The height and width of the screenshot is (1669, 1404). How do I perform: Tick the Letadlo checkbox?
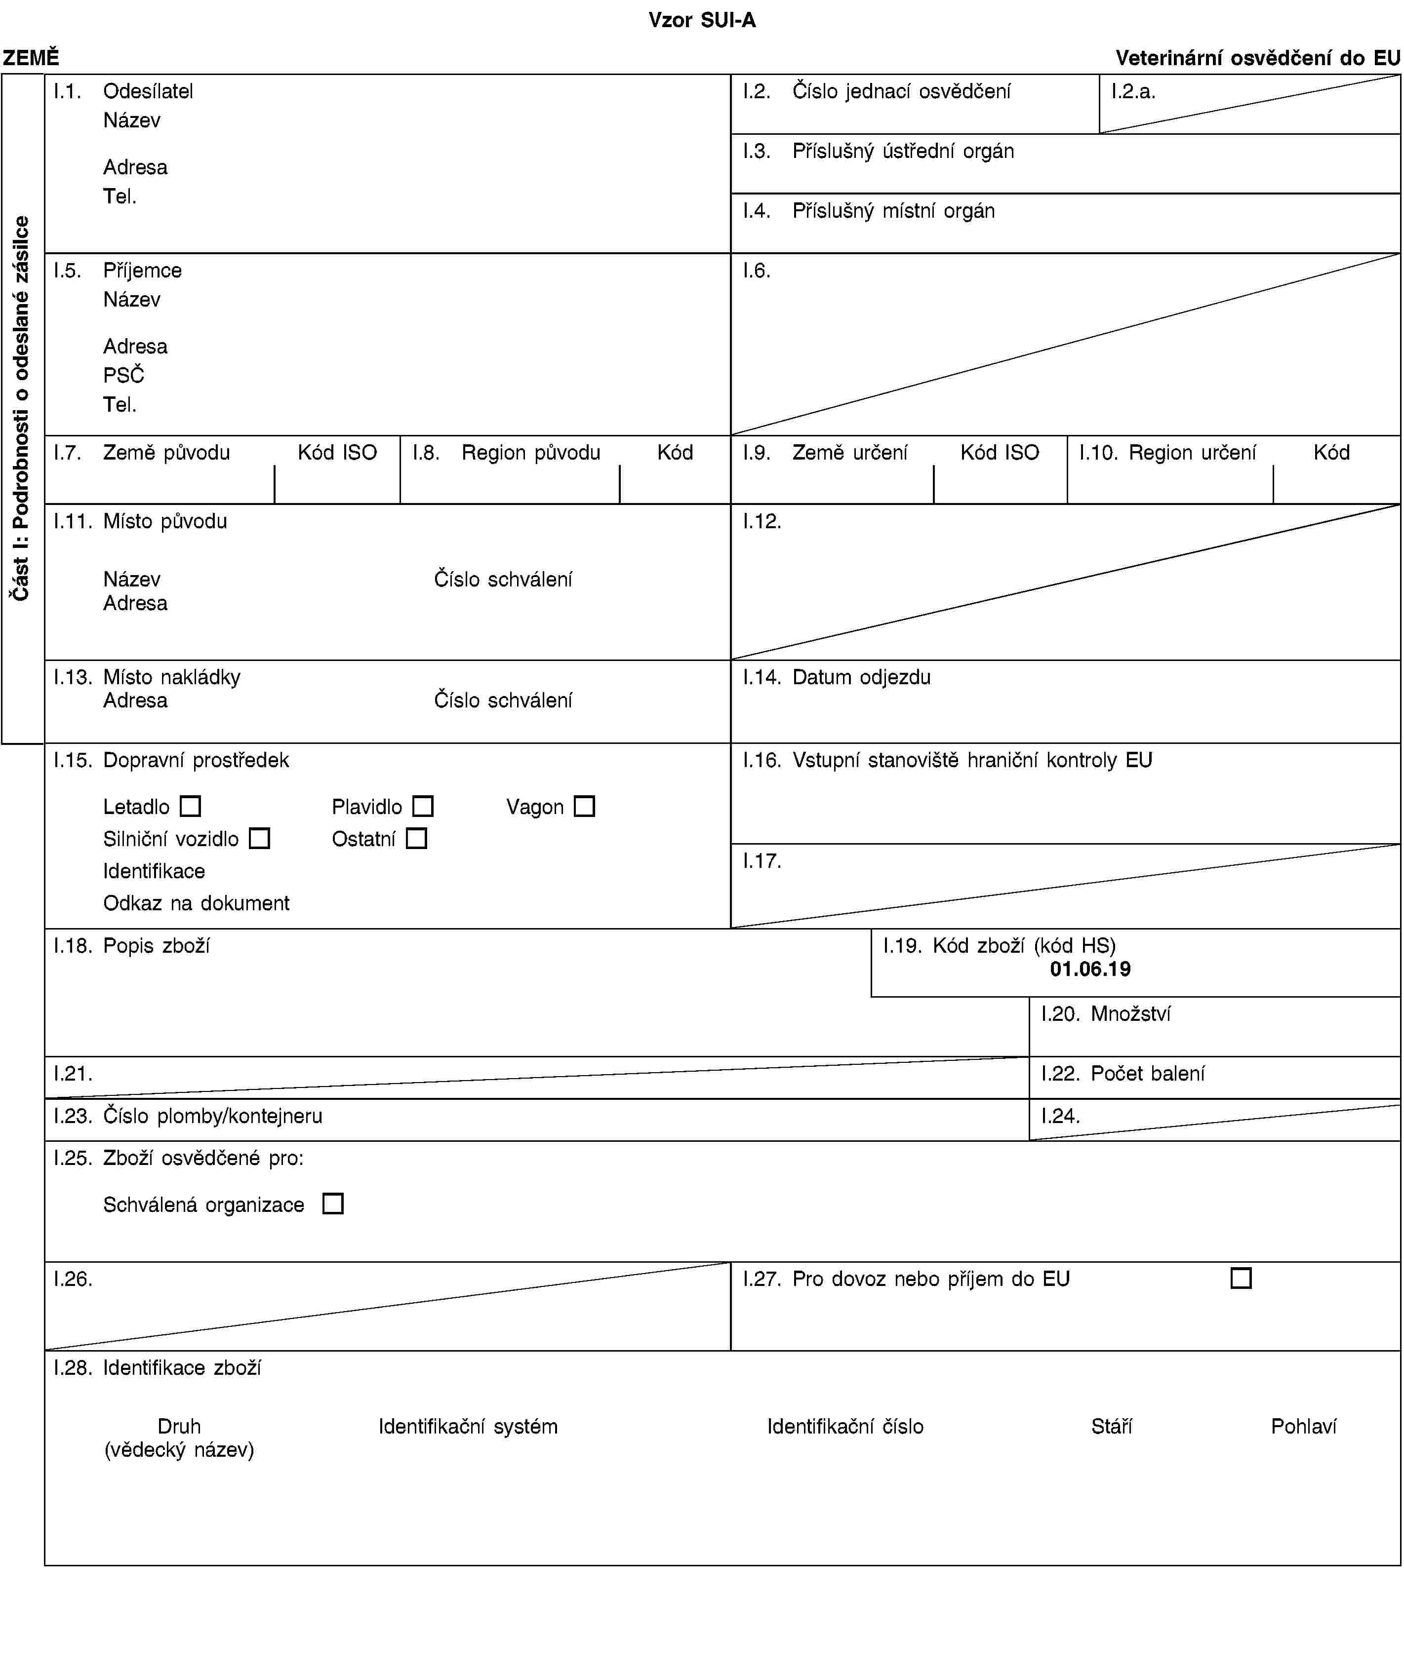pos(190,807)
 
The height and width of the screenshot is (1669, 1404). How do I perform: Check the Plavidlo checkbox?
pos(423,807)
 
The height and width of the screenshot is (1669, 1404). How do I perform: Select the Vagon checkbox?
pos(584,807)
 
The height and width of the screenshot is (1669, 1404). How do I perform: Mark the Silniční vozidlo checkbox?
pos(259,839)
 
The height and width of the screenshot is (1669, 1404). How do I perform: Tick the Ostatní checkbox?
pos(416,839)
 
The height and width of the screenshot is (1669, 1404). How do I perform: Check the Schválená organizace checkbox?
pos(333,1203)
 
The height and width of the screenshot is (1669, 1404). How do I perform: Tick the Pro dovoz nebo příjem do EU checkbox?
pos(1241,1279)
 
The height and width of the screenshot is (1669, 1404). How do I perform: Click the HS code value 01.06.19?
pos(1089,969)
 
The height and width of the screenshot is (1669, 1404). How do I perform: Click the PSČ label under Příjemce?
pos(123,376)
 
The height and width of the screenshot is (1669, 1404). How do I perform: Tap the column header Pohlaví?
pos(1303,1426)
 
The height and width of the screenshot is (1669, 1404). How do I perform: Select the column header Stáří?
pos(1111,1426)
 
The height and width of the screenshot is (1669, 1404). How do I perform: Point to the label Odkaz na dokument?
pos(196,903)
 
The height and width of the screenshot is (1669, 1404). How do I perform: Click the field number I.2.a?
pos(1133,91)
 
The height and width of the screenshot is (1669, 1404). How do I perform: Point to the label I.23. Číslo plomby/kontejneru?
pos(188,1116)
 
